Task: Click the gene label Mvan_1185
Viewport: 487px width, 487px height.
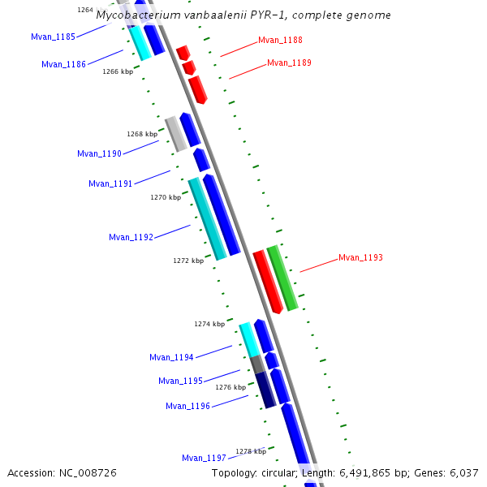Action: (x=53, y=37)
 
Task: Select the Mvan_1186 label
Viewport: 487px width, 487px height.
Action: (x=63, y=65)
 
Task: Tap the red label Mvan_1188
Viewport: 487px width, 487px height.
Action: (x=280, y=41)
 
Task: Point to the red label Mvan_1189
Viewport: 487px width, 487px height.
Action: (x=289, y=63)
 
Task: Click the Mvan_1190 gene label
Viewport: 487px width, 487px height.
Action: (x=99, y=154)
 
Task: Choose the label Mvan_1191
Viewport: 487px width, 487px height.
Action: (x=110, y=184)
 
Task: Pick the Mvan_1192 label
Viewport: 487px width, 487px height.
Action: (x=131, y=238)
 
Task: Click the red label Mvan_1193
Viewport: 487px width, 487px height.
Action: (x=360, y=258)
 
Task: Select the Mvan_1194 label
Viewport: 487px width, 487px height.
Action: (x=171, y=358)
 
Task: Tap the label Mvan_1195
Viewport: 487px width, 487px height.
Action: (x=180, y=381)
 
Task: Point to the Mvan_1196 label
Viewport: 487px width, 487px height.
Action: (x=187, y=407)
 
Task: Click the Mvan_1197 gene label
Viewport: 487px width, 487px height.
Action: (x=204, y=459)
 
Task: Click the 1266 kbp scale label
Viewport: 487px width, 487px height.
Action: (x=118, y=71)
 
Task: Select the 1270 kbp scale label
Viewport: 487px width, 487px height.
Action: (x=166, y=197)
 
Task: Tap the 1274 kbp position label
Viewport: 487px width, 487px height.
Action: (x=209, y=324)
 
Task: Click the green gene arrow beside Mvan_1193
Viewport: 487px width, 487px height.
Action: (x=282, y=278)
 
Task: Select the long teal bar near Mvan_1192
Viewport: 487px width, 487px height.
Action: (x=207, y=219)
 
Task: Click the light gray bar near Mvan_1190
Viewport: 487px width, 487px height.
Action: (x=176, y=134)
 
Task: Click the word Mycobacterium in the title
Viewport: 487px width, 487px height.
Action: (x=135, y=15)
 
